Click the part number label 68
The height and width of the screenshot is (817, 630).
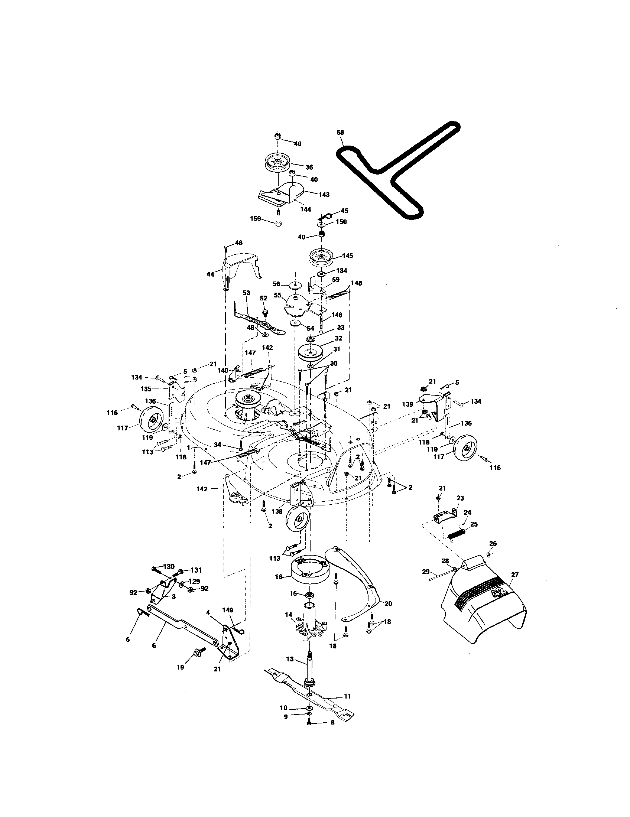coord(340,132)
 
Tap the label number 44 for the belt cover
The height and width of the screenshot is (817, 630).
coord(210,274)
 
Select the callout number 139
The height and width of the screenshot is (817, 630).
coord(407,404)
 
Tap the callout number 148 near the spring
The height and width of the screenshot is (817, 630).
coord(356,283)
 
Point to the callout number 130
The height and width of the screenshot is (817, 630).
coord(169,566)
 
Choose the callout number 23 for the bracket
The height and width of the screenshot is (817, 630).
coord(460,498)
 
